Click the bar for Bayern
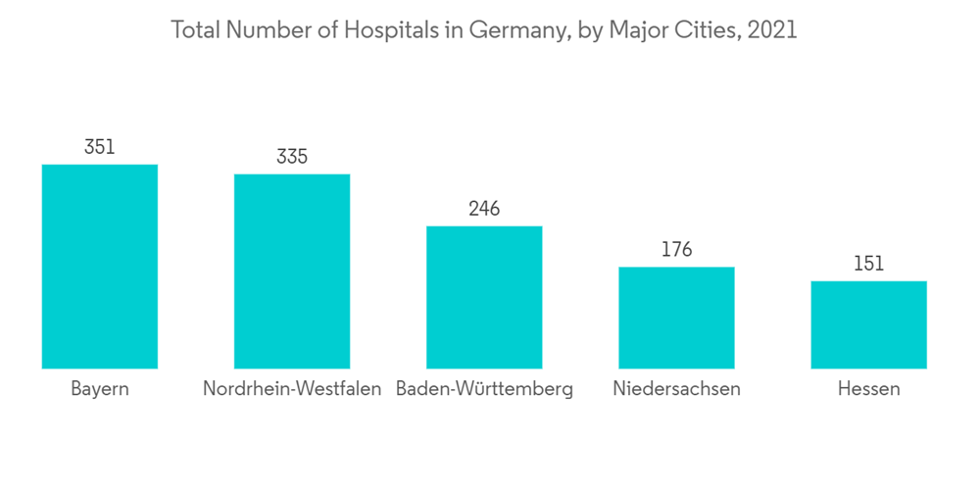click(x=100, y=267)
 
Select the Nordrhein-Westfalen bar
click(x=292, y=272)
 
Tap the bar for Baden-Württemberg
click(x=484, y=297)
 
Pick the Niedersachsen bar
click(x=676, y=318)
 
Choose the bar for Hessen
click(x=868, y=324)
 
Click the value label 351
click(x=100, y=147)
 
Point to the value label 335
click(x=292, y=157)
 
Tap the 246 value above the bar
click(x=484, y=209)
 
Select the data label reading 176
click(x=676, y=250)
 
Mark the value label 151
click(x=868, y=264)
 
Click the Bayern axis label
click(x=100, y=389)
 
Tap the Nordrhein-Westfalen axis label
click(x=292, y=389)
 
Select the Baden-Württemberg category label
click(x=484, y=389)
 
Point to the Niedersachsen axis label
click(x=676, y=389)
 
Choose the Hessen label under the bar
click(x=868, y=389)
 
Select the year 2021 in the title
click(x=772, y=30)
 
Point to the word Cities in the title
click(x=707, y=30)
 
